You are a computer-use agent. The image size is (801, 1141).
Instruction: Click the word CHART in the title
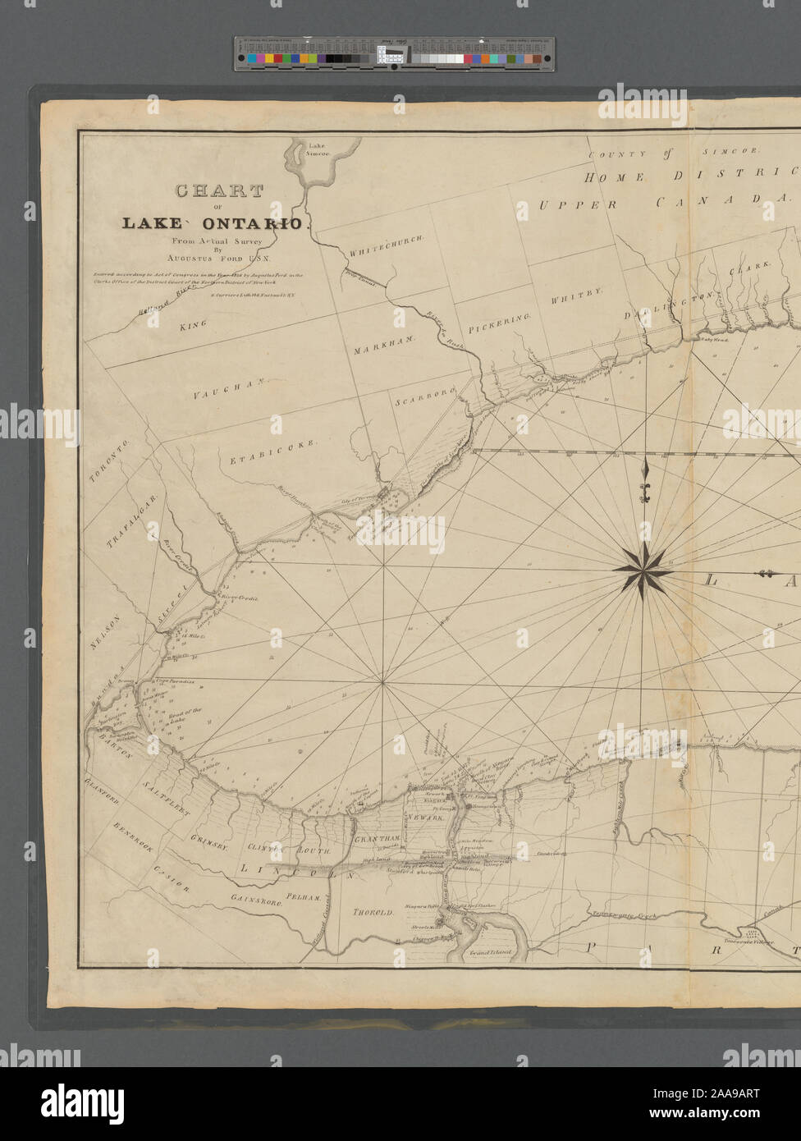coord(218,191)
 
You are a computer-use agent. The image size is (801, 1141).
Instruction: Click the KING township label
coord(193,325)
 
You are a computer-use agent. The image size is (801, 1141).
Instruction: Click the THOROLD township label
coord(373,912)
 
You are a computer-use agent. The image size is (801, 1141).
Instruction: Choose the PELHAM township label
coord(304,898)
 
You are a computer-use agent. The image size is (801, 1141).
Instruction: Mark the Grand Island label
coord(490,954)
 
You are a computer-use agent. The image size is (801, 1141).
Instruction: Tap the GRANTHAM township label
coord(377,838)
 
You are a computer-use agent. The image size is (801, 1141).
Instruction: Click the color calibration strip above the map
coord(394,53)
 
